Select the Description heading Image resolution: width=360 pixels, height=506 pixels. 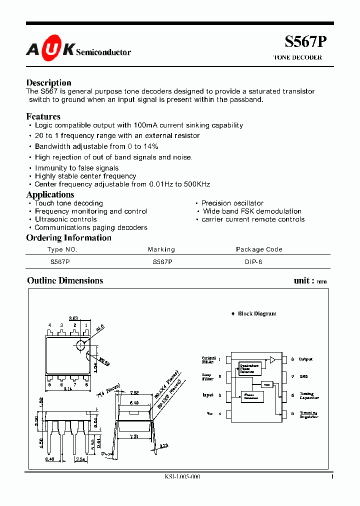pyautogui.click(x=48, y=82)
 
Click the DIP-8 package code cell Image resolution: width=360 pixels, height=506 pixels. pyautogui.click(x=253, y=261)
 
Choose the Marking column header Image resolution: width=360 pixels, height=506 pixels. pyautogui.click(x=161, y=249)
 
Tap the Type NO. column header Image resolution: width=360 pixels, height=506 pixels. pyautogui.click(x=62, y=249)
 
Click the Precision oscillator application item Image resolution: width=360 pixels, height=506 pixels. pyautogui.click(x=232, y=203)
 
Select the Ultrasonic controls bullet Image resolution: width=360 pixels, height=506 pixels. pyautogui.click(x=65, y=219)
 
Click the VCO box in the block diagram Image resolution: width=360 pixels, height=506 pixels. pyautogui.click(x=266, y=384)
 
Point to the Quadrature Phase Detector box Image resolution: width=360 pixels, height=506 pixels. pyautogui.click(x=250, y=368)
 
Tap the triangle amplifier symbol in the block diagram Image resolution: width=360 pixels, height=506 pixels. pyautogui.click(x=272, y=359)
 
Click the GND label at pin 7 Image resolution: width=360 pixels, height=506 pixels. pyautogui.click(x=303, y=376)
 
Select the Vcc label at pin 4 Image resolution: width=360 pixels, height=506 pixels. pyautogui.click(x=209, y=413)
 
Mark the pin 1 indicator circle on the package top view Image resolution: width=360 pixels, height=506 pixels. pyautogui.click(x=81, y=345)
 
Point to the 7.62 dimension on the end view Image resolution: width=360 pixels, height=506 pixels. pyautogui.click(x=134, y=393)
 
